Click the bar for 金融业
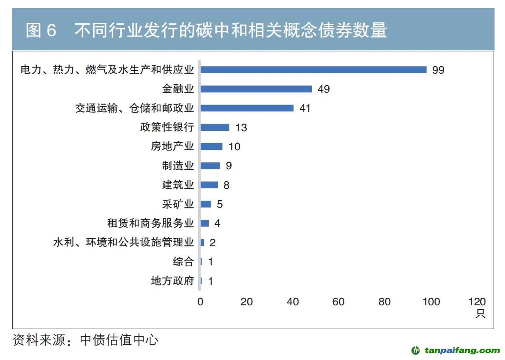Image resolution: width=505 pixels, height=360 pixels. coord(256,89)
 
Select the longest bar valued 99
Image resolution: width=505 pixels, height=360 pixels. coord(313,70)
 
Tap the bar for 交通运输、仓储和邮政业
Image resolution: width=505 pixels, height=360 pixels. coord(247,108)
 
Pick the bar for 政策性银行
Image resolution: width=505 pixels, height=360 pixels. coord(214,127)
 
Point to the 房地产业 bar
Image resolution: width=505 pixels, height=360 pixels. coord(211,146)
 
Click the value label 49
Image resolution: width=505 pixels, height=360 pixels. coord(324,89)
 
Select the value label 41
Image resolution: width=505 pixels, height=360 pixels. coord(305,108)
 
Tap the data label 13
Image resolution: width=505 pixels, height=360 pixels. coord(241,127)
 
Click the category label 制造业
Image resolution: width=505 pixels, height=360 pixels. coord(178,165)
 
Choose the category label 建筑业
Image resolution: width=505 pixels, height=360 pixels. coord(178,185)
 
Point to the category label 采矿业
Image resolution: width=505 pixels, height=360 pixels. coord(178,204)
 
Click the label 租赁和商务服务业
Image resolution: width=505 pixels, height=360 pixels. coord(151,223)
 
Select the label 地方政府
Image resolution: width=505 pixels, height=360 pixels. coord(172,281)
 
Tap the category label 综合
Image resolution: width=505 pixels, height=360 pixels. coord(183,262)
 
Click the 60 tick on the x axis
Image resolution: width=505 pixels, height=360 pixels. coord(338,302)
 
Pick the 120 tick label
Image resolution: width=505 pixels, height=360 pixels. coord(477,302)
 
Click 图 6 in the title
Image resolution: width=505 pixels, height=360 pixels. coord(41,30)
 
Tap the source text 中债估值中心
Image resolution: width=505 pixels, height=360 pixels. coord(119,340)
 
